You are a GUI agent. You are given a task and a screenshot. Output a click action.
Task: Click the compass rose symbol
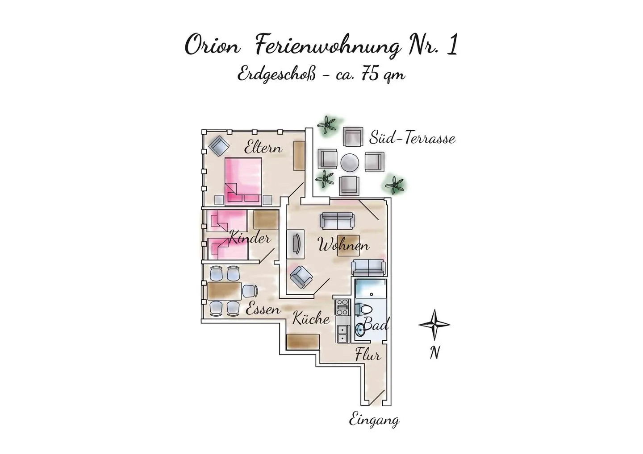(434, 325)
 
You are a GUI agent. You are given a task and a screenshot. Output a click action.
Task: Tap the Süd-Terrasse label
(412, 138)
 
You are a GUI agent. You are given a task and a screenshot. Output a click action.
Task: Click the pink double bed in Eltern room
(243, 181)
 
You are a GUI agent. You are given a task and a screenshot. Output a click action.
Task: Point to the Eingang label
(374, 421)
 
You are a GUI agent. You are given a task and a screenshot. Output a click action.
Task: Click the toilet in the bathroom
(363, 310)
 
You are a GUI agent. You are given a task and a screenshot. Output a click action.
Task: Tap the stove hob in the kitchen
(342, 307)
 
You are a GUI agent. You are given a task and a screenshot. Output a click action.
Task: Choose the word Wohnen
(344, 246)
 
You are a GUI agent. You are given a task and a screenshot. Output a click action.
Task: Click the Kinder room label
(250, 239)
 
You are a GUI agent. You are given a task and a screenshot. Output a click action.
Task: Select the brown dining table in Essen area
(224, 291)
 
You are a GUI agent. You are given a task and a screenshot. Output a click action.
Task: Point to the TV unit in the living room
(296, 244)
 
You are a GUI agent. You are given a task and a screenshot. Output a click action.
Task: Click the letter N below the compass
(434, 352)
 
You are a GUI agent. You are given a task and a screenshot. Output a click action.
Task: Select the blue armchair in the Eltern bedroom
(219, 145)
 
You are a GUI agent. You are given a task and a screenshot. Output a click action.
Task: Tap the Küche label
(311, 318)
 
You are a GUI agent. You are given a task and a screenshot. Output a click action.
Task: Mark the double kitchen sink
(343, 334)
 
